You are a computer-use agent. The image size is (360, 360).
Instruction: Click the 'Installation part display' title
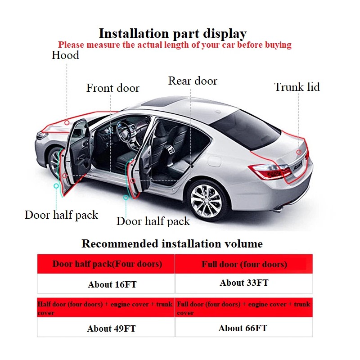(x=173, y=33)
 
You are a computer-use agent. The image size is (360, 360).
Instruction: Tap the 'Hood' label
(x=65, y=55)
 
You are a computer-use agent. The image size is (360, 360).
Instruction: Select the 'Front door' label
(x=112, y=88)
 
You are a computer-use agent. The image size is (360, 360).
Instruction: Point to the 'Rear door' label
(x=193, y=81)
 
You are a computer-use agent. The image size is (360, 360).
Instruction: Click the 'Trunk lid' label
(x=297, y=87)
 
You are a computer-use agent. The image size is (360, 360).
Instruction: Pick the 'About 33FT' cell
(x=244, y=283)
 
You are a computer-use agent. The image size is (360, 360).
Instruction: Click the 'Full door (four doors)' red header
(x=244, y=264)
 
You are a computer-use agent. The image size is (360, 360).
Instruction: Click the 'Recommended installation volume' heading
(x=172, y=244)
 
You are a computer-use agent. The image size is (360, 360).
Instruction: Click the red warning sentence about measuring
(x=175, y=45)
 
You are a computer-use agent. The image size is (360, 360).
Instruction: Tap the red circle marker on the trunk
(x=299, y=152)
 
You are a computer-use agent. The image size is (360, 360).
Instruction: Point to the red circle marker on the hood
(x=67, y=122)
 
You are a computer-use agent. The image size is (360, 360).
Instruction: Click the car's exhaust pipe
(x=279, y=209)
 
